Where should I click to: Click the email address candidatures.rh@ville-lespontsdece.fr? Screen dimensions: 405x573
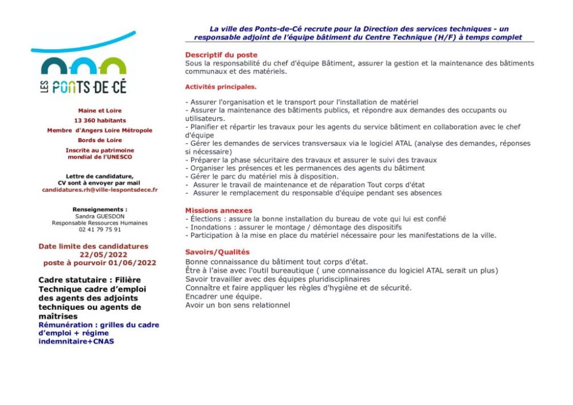tap(100, 190)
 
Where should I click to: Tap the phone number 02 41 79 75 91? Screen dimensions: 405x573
tap(100, 230)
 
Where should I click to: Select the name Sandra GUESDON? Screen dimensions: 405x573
tap(100, 217)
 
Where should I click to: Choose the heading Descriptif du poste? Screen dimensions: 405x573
tap(214, 55)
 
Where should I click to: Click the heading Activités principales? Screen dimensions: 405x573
tap(221, 87)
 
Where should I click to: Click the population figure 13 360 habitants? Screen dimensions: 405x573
tap(100, 121)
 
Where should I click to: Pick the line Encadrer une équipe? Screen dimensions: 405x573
tap(223, 297)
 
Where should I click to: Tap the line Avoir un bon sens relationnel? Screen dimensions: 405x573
tap(237, 305)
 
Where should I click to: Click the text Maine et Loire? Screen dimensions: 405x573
tap(100, 111)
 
